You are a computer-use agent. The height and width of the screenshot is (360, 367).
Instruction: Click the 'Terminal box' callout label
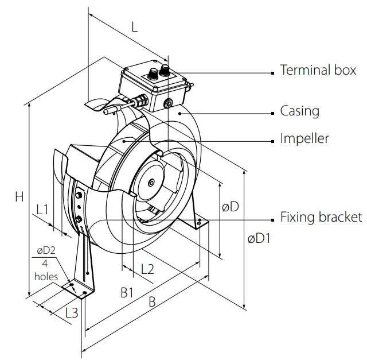click(318, 71)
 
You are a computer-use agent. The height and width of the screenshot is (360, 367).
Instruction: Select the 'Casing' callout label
click(299, 110)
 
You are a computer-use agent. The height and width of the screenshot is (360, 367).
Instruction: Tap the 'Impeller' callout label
click(304, 138)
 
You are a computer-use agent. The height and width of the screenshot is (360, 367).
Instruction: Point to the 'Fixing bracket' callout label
click(321, 217)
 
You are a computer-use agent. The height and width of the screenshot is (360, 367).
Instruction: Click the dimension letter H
click(19, 196)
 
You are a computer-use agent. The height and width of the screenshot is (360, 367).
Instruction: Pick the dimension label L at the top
click(134, 26)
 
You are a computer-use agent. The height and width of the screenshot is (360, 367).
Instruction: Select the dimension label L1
click(42, 210)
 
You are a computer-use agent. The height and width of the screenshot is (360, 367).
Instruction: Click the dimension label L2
click(147, 269)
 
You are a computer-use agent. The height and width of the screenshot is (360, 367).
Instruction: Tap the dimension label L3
click(71, 313)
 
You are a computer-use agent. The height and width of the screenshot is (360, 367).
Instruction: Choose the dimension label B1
click(127, 292)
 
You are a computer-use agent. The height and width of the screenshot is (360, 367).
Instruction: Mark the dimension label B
click(152, 302)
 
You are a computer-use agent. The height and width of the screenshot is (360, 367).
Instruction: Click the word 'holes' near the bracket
click(46, 276)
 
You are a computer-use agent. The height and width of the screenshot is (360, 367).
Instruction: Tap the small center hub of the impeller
click(151, 183)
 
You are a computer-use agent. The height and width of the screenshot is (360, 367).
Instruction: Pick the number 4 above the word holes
click(45, 264)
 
